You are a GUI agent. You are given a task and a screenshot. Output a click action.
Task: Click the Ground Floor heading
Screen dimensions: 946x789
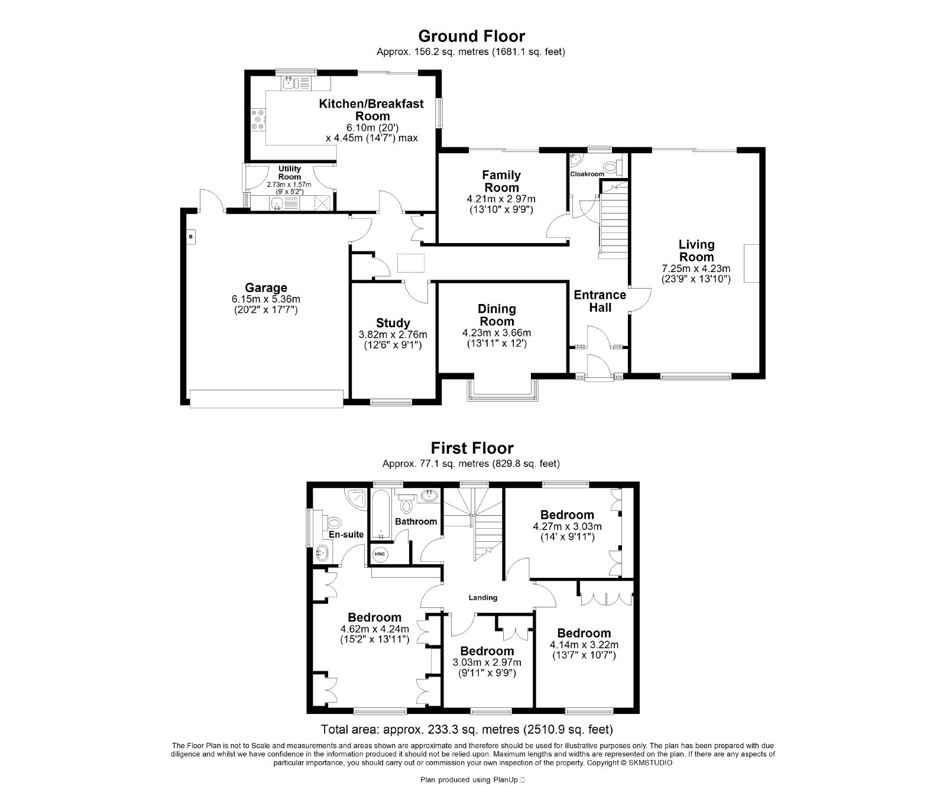point(471,37)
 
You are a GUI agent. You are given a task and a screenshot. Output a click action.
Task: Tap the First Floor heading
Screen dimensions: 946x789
point(471,448)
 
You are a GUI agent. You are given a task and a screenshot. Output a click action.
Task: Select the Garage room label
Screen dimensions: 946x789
point(266,289)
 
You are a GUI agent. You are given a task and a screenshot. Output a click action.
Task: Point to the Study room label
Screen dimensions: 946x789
point(393,323)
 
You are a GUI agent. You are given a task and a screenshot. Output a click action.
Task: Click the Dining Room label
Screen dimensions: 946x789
point(497,315)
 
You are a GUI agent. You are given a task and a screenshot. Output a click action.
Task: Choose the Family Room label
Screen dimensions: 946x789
point(501,181)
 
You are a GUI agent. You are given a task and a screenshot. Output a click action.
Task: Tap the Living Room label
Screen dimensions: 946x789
point(696,250)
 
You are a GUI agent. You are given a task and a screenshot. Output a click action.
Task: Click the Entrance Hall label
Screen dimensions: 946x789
point(600,300)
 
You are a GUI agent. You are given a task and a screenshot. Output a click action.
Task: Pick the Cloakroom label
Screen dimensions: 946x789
point(587,174)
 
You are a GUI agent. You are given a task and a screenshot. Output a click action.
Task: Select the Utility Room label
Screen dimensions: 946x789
point(290,173)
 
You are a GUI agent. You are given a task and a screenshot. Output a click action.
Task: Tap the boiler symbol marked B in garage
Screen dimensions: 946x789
point(190,237)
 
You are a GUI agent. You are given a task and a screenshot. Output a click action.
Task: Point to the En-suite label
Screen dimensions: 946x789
point(346,534)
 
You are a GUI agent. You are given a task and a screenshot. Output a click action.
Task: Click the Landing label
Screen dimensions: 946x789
point(483,597)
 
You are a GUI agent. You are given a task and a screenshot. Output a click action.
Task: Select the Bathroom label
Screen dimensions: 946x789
point(416,521)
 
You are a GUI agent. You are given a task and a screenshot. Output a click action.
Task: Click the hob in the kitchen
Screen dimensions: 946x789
point(258,119)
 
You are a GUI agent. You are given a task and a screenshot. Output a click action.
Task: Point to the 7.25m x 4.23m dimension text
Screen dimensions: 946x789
point(696,268)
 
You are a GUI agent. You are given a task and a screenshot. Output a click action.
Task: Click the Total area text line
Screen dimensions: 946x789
point(466,729)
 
